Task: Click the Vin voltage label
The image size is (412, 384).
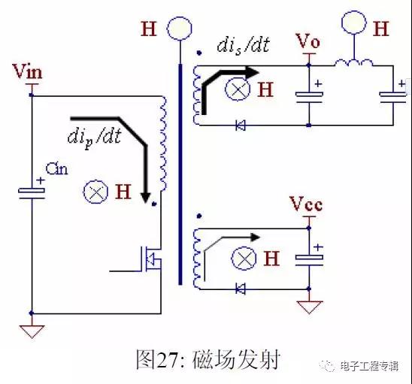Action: [x=28, y=71]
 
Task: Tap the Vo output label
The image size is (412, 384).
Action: [x=308, y=41]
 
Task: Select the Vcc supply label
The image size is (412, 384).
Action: [x=306, y=204]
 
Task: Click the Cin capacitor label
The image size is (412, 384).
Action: [x=56, y=169]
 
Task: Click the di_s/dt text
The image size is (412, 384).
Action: [x=244, y=45]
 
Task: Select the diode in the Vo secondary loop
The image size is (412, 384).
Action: [x=240, y=125]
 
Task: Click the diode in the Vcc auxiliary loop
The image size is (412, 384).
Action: [x=240, y=289]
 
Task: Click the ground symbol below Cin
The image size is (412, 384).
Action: [x=32, y=331]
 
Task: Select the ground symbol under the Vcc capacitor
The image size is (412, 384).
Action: [x=309, y=307]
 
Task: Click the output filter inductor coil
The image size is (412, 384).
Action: [x=353, y=63]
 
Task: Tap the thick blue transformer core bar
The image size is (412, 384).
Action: [x=180, y=174]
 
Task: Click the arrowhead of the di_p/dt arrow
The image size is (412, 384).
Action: [x=145, y=198]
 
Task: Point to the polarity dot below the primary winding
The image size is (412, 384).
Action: [x=154, y=204]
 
